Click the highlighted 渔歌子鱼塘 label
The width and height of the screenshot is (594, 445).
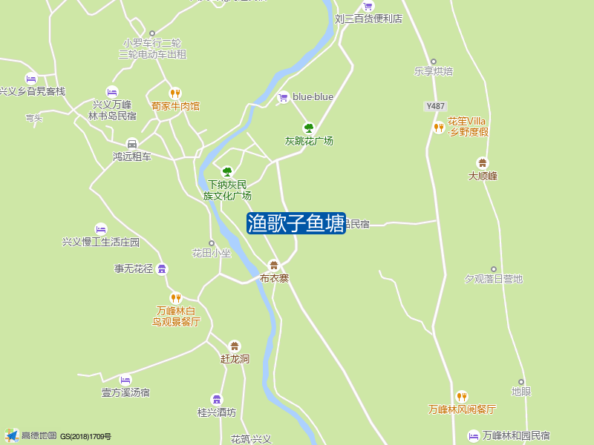pyautogui.click(x=296, y=223)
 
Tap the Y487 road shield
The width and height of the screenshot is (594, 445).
pyautogui.click(x=436, y=106)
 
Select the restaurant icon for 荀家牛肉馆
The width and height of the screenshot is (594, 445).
pyautogui.click(x=175, y=93)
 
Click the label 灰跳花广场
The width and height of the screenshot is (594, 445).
pyautogui.click(x=309, y=141)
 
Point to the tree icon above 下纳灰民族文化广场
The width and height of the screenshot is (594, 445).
pyautogui.click(x=227, y=171)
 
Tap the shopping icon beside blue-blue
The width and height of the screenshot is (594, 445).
pyautogui.click(x=283, y=97)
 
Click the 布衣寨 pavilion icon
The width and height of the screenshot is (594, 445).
pyautogui.click(x=274, y=266)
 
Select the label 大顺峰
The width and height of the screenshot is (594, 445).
pyautogui.click(x=483, y=177)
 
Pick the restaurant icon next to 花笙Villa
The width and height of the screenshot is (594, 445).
pyautogui.click(x=439, y=128)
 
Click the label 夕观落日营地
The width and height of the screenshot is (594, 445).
pyautogui.click(x=494, y=279)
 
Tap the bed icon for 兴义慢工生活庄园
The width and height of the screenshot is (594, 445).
pyautogui.click(x=101, y=229)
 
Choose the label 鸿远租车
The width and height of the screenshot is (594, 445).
pyautogui.click(x=131, y=156)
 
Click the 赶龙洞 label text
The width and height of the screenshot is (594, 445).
pyautogui.click(x=235, y=359)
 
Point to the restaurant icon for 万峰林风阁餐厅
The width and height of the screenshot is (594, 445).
pyautogui.click(x=462, y=397)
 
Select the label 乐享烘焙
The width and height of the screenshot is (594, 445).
pyautogui.click(x=434, y=72)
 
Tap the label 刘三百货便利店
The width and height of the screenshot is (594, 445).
pyautogui.click(x=368, y=19)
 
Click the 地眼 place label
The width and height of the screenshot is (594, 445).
pyautogui.click(x=521, y=392)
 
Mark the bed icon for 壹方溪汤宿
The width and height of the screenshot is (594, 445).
pyautogui.click(x=125, y=380)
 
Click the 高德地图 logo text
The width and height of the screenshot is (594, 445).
pyautogui.click(x=39, y=436)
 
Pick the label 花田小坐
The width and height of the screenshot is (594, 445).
pyautogui.click(x=212, y=253)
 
